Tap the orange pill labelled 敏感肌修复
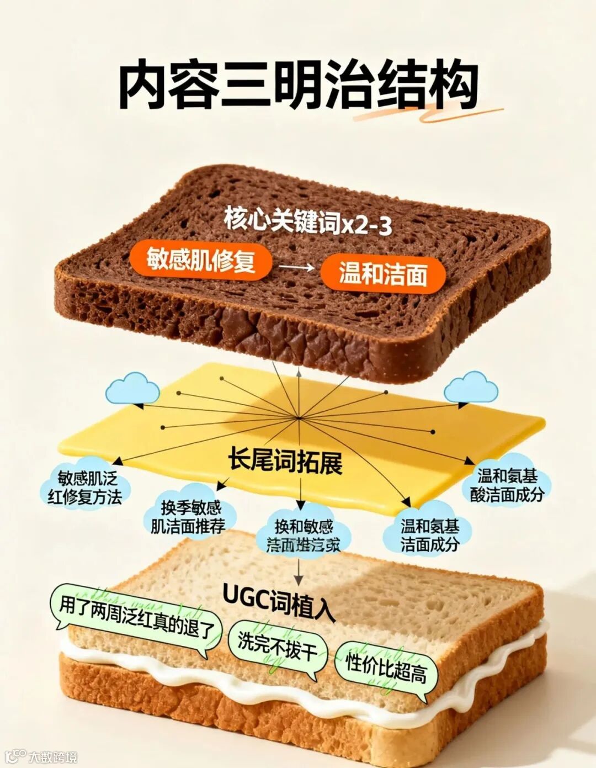tap(201, 258)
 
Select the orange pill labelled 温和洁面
tap(383, 273)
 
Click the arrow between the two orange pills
tap(296, 267)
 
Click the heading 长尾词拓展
tap(285, 463)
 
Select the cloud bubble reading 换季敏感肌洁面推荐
tap(190, 517)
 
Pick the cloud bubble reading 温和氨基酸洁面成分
tap(507, 485)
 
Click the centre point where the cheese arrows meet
tap(299, 417)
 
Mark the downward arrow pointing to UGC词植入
tap(298, 572)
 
